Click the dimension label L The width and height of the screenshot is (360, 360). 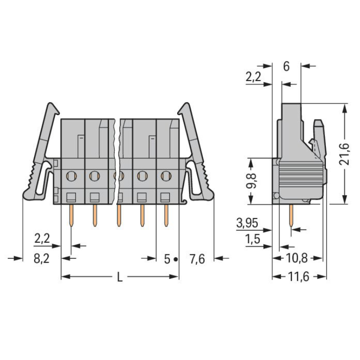coord(120,278)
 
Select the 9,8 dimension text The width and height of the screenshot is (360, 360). coord(254,180)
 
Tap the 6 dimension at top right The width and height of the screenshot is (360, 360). coord(286,66)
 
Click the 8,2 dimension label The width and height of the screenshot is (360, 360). coord(42,259)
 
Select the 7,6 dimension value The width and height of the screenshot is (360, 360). coord(197,259)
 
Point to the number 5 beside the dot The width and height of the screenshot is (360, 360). coord(167,259)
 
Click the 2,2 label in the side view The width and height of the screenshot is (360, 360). coord(254,76)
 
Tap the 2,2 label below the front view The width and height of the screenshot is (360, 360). coord(43,238)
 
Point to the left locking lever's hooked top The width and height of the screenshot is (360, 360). coord(51,108)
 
